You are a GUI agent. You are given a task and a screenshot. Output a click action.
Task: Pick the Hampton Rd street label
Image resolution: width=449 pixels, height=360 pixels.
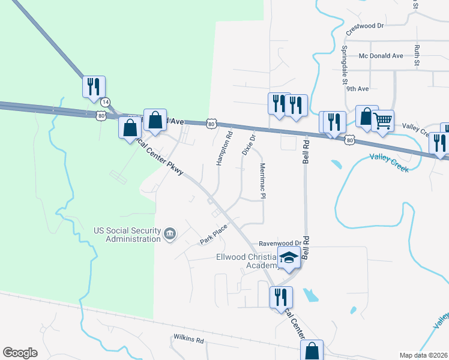click(x=224, y=152)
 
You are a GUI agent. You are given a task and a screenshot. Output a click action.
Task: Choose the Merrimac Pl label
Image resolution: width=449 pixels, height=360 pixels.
click(x=262, y=181)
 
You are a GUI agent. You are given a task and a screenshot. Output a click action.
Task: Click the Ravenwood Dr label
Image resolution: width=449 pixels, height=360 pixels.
click(x=279, y=244)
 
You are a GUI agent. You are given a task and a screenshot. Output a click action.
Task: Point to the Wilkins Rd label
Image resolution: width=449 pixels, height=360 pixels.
click(x=188, y=340)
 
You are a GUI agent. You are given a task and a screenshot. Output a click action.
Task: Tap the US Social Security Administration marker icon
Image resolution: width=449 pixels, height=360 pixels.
click(x=170, y=233)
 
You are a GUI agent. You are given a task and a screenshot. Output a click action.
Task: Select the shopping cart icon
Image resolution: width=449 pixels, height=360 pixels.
click(x=382, y=121)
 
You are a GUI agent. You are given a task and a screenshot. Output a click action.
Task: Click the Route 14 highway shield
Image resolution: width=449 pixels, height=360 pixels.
click(x=106, y=102)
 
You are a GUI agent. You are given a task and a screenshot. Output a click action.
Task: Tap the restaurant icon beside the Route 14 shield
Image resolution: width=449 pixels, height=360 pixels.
click(x=94, y=86)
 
